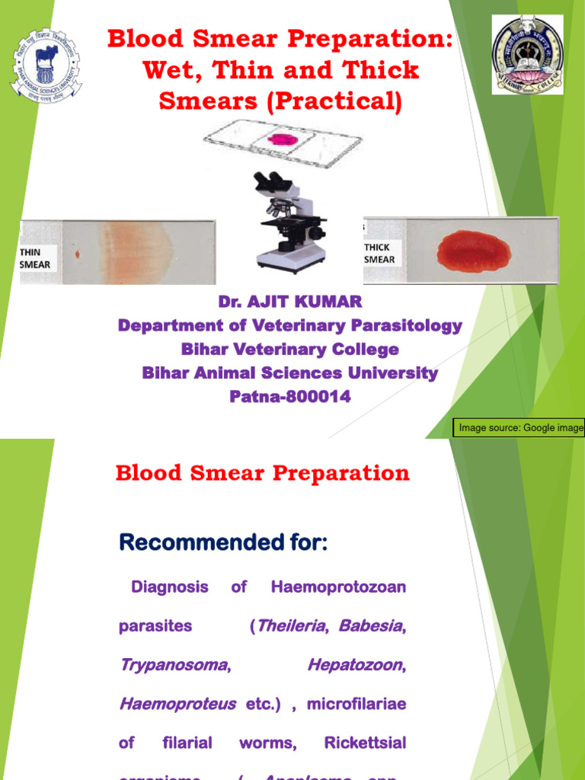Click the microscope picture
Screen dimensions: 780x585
point(289,220)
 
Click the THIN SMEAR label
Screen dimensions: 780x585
point(35,258)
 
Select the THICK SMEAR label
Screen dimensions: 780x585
point(379,253)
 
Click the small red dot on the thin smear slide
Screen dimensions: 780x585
point(77,252)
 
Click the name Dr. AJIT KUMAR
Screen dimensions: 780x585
point(289,302)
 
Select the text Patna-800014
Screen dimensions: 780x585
point(289,397)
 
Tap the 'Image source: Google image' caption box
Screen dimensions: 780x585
point(520,428)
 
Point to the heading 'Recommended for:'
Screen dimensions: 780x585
point(223,543)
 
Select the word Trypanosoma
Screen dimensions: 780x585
point(174,665)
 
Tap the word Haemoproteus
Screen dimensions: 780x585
point(177,704)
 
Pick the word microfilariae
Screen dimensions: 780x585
point(356,704)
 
